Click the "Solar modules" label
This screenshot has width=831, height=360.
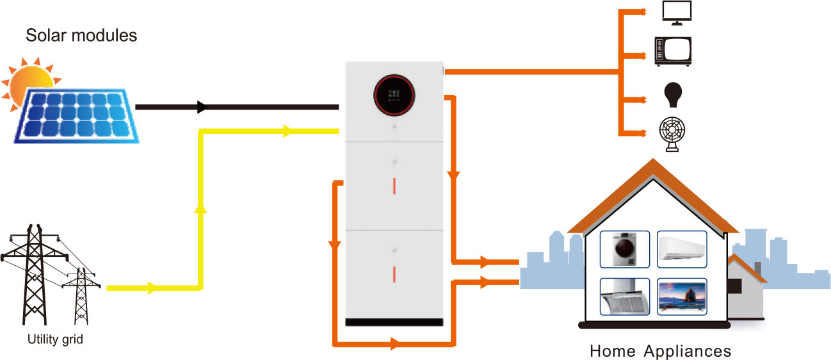pyautogui.click(x=81, y=35)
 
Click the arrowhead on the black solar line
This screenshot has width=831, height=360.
pyautogui.click(x=203, y=106)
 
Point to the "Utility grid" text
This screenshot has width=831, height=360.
pyautogui.click(x=55, y=340)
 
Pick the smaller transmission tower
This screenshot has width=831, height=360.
pyautogui.click(x=81, y=295)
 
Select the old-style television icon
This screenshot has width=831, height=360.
pyautogui.click(x=672, y=51)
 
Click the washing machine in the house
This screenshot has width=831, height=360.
pyautogui.click(x=624, y=249)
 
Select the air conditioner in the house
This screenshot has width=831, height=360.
pyautogui.click(x=682, y=246)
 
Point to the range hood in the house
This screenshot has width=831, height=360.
pyautogui.click(x=624, y=297)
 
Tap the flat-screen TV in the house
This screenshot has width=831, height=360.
pyautogui.click(x=682, y=297)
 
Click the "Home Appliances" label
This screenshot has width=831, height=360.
pyautogui.click(x=660, y=351)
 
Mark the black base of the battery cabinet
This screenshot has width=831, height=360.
pyautogui.click(x=394, y=321)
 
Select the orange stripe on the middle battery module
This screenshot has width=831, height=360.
pyautogui.click(x=394, y=185)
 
